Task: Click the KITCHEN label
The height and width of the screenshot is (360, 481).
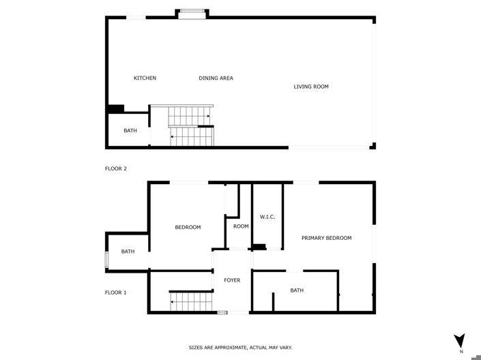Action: [145, 78]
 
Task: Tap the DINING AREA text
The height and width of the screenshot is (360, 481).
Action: [216, 78]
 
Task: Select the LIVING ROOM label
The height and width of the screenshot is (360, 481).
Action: [311, 87]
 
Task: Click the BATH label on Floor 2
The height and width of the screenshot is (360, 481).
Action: [130, 131]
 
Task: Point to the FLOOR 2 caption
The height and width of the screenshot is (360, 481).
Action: [116, 168]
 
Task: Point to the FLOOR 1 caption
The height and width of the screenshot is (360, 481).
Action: [116, 292]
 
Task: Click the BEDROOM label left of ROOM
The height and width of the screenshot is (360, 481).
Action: [188, 227]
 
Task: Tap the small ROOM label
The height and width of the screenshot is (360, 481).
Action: [241, 226]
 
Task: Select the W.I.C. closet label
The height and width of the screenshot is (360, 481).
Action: [267, 217]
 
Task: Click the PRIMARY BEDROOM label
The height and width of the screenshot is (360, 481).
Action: [326, 238]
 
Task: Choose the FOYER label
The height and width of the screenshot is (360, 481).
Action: [232, 280]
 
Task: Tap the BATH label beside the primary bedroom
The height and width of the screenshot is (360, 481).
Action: [297, 290]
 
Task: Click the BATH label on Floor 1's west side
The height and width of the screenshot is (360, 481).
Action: [128, 252]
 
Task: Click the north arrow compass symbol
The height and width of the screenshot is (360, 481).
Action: [459, 340]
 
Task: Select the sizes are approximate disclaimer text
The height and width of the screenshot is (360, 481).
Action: [240, 348]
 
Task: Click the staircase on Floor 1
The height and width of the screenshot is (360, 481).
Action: [190, 301]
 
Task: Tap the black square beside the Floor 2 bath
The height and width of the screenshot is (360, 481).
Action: [115, 108]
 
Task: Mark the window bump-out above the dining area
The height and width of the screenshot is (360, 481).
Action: [192, 12]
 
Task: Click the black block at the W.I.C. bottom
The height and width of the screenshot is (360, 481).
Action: [259, 246]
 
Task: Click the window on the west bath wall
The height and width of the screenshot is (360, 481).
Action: [106, 260]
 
